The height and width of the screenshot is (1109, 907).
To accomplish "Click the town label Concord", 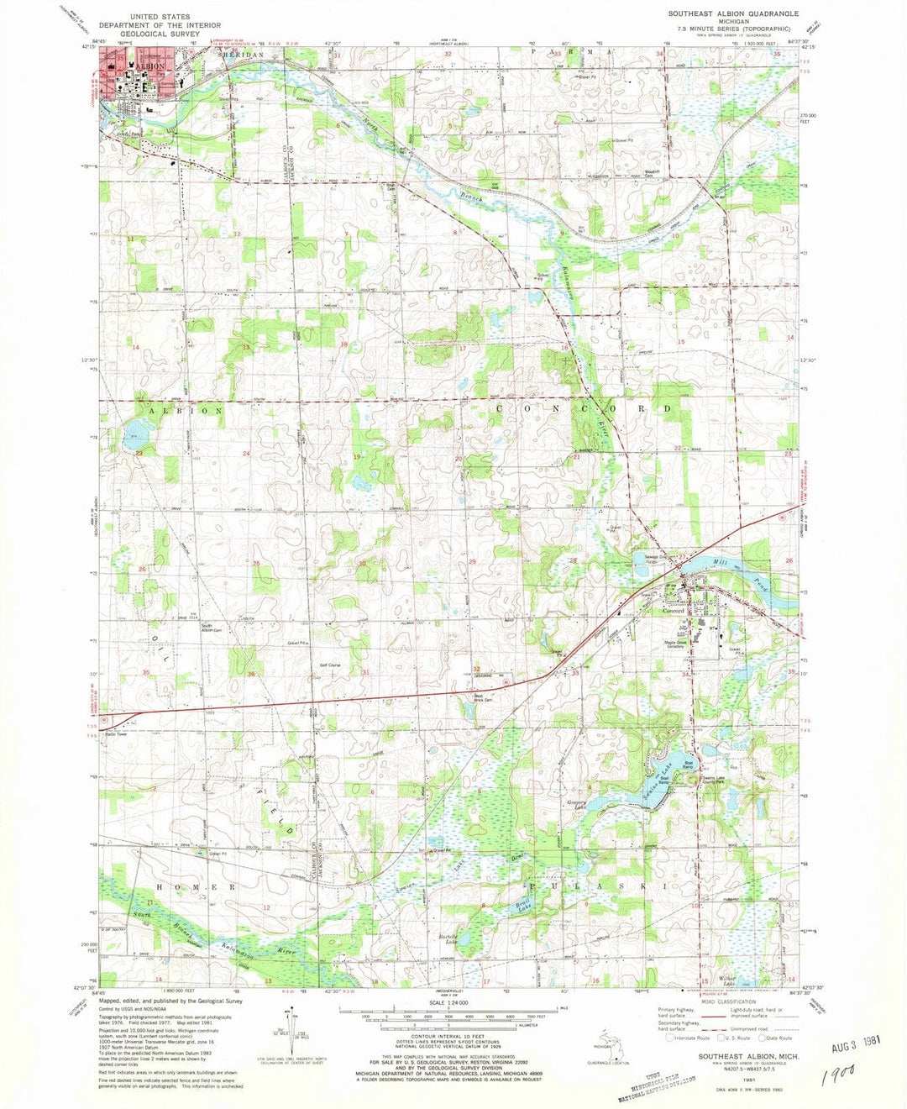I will [674, 611].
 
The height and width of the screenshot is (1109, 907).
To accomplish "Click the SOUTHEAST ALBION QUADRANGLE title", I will [732, 14].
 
